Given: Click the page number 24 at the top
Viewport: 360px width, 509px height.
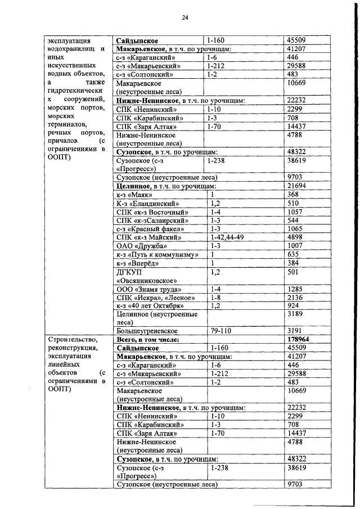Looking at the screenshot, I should [184, 18].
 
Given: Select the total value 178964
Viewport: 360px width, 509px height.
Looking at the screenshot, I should [300, 340].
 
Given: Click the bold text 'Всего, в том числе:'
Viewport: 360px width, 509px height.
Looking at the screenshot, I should [148, 340].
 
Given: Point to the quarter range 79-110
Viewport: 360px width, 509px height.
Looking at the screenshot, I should [221, 331].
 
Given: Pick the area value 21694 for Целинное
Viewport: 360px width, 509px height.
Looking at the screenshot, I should [298, 184].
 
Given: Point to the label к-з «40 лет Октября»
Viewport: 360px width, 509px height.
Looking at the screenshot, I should [150, 305].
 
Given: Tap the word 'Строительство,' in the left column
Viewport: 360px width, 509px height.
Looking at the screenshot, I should [73, 340].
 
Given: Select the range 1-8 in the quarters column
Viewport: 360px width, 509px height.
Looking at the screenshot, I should [215, 297].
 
